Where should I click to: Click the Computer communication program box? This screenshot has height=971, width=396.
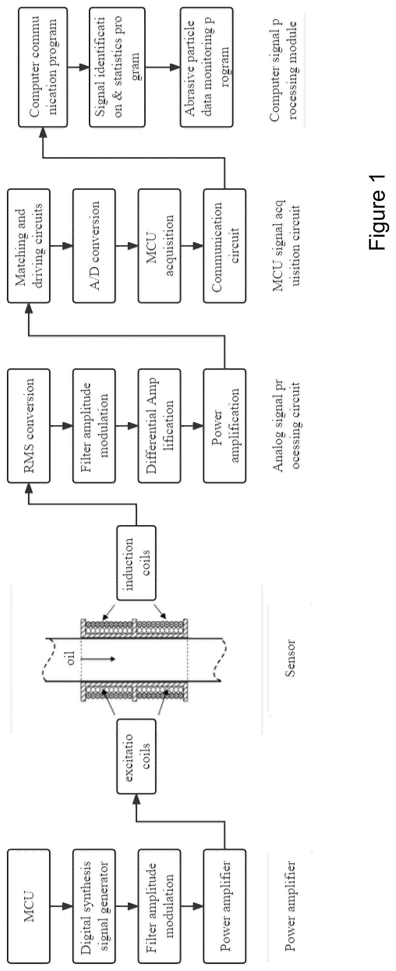(43, 67)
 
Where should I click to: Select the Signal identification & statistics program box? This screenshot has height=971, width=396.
(116, 67)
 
